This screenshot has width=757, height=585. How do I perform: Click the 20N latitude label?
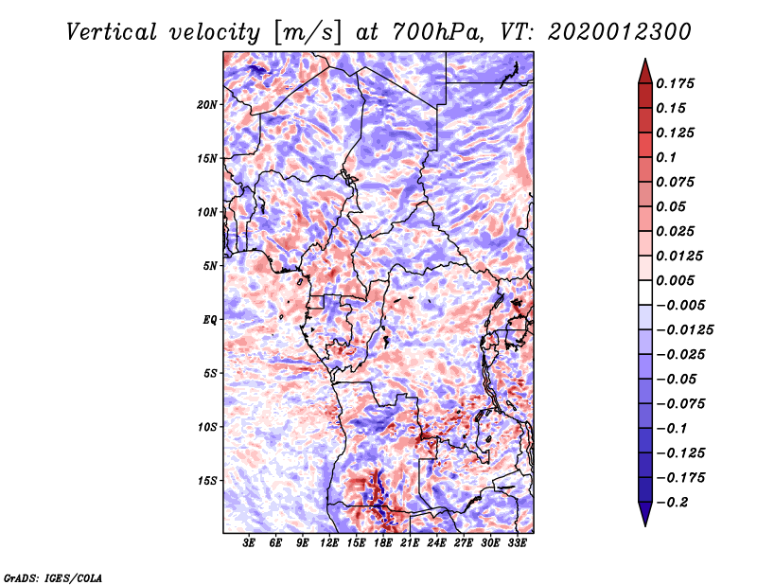click(x=207, y=104)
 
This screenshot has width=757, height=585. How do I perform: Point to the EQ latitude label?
click(x=210, y=319)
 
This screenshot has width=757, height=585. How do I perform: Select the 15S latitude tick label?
click(x=207, y=481)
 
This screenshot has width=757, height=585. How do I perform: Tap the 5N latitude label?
click(x=210, y=266)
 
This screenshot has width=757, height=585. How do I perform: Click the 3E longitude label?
click(x=249, y=543)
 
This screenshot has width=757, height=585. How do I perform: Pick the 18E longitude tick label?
click(x=382, y=543)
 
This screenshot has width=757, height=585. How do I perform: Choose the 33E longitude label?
click(x=517, y=543)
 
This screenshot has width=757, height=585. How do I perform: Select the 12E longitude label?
click(x=328, y=543)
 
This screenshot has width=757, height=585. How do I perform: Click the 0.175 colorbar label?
click(x=675, y=83)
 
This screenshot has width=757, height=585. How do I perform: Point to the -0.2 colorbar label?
click(x=672, y=503)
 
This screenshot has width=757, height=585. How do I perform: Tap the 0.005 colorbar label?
click(x=675, y=280)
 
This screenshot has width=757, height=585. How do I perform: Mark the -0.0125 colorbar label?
click(x=684, y=330)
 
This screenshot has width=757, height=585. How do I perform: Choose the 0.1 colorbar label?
click(x=666, y=157)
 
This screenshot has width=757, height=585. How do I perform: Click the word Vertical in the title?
click(x=112, y=32)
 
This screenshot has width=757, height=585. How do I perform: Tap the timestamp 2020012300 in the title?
click(x=620, y=32)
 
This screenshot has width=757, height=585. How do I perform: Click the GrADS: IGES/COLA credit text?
click(x=53, y=578)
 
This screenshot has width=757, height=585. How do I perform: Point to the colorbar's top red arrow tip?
click(x=645, y=59)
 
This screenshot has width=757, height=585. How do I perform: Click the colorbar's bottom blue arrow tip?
click(x=645, y=526)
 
